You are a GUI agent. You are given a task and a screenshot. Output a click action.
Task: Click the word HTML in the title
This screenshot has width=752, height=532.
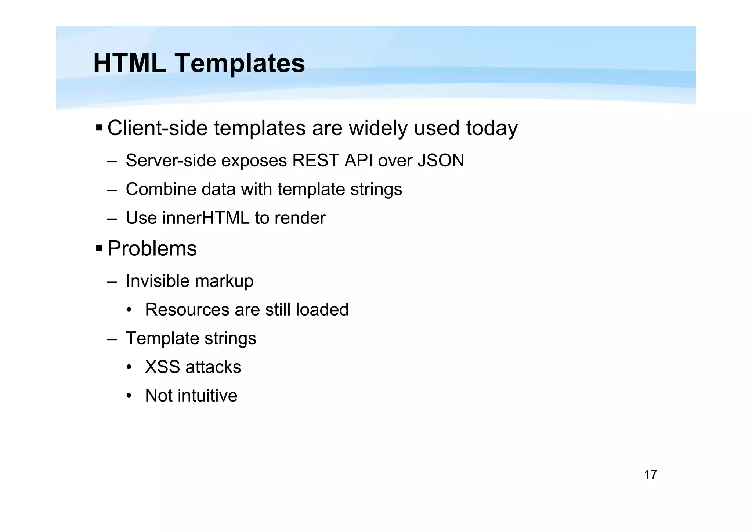pos(130,63)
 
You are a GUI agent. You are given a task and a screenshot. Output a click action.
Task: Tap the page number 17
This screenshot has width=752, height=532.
pos(650,475)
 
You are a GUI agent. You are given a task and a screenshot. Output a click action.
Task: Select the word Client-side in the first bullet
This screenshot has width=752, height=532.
pos(157,128)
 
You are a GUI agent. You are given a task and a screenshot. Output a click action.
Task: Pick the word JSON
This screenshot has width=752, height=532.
pos(441,161)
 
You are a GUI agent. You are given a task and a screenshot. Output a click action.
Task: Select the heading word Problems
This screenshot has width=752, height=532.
pos(152,249)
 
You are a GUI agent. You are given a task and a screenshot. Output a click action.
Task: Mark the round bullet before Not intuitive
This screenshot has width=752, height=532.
pos(129,396)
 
